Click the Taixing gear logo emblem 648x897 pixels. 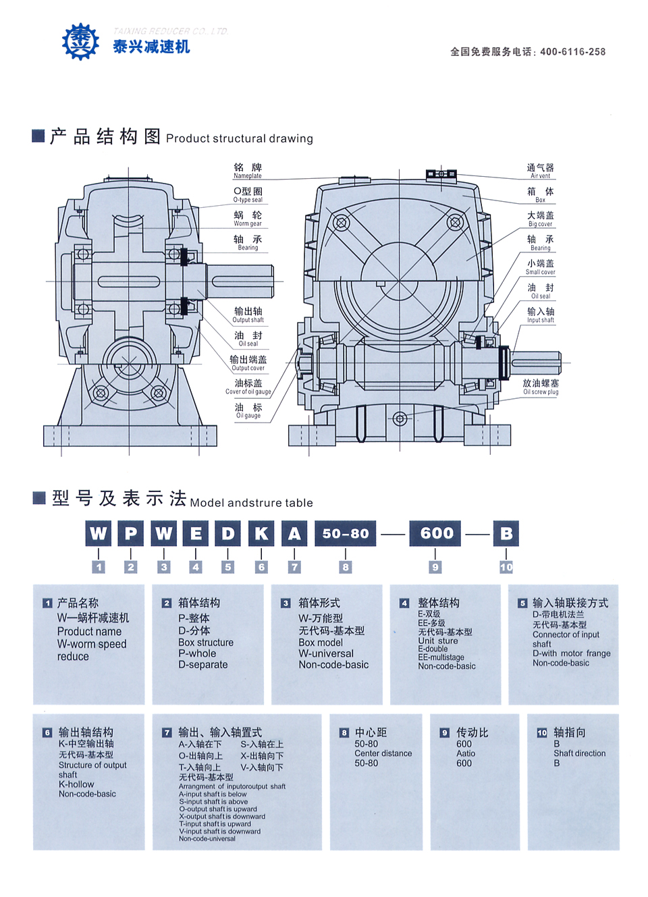click(x=80, y=42)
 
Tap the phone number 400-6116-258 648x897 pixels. click(x=572, y=52)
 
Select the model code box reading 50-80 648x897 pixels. click(x=346, y=533)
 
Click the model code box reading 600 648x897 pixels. click(x=437, y=533)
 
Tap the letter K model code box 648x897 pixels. click(x=261, y=533)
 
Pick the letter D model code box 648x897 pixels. click(x=228, y=533)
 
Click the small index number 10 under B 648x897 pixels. click(x=506, y=568)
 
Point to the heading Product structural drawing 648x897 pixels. click(x=240, y=138)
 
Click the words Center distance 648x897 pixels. click(x=383, y=753)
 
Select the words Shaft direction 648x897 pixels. click(x=579, y=753)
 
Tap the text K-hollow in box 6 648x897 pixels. click(x=76, y=784)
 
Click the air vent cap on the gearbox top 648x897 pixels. click(x=441, y=174)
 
